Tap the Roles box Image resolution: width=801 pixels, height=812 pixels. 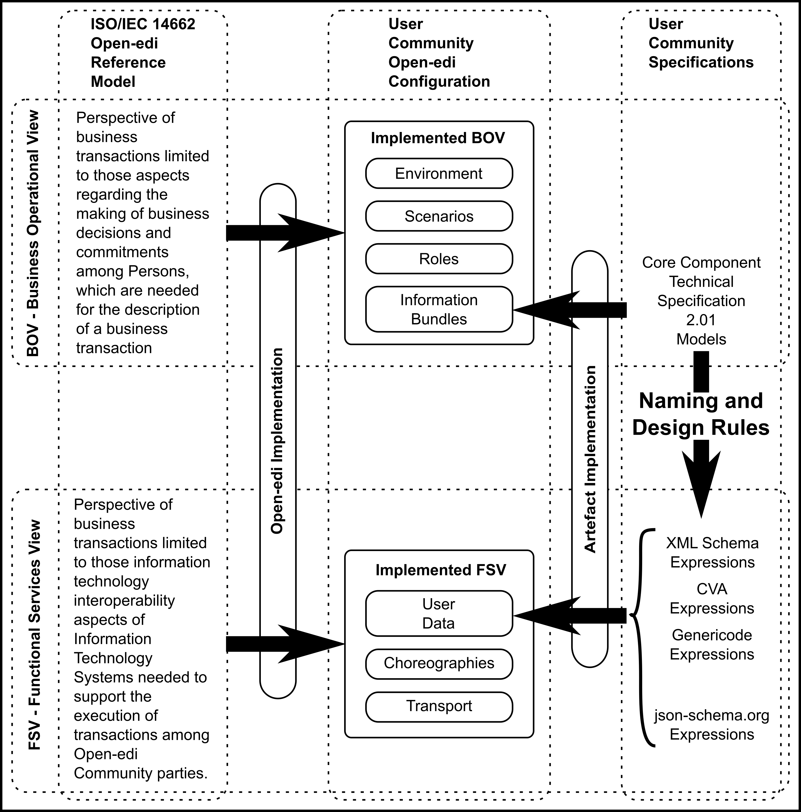(x=439, y=259)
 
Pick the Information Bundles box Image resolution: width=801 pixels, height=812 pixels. (x=439, y=309)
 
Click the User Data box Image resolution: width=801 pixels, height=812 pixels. (x=439, y=614)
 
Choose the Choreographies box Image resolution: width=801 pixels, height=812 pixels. (x=439, y=663)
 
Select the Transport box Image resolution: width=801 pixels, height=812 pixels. (x=439, y=706)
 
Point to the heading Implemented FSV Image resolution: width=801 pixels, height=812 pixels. (x=441, y=570)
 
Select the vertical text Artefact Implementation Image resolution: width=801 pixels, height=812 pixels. (x=590, y=459)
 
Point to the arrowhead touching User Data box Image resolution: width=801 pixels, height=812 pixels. (x=521, y=615)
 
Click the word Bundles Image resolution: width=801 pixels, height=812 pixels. (x=439, y=319)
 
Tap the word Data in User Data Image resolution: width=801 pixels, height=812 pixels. (x=438, y=623)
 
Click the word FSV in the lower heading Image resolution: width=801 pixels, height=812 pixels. (x=491, y=570)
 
